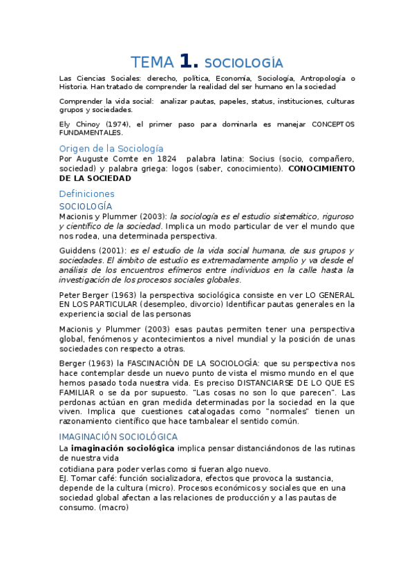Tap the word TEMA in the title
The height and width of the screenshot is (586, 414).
pos(153,62)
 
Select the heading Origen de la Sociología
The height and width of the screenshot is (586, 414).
pos(111,148)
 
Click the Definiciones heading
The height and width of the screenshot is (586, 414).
pos(87,193)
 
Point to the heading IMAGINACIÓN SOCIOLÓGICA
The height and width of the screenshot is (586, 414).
pos(118,437)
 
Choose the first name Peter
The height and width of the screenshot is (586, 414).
pos(70,294)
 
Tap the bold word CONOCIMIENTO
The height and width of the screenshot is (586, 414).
pos(321,168)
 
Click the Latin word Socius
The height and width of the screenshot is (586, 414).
pos(263,158)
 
